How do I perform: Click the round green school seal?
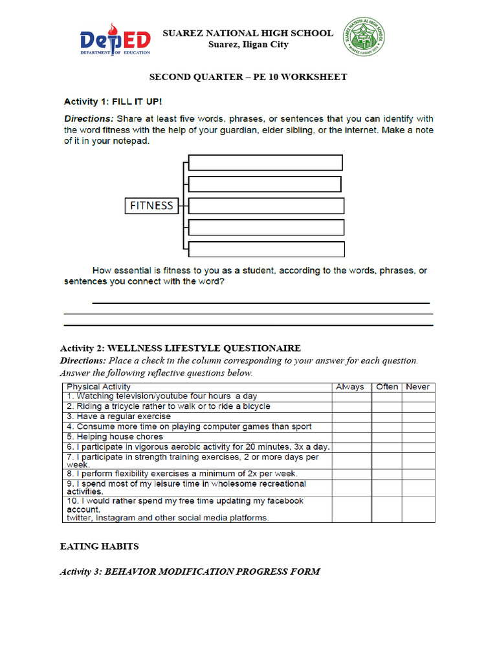[x=363, y=37]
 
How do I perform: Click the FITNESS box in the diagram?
[x=151, y=206]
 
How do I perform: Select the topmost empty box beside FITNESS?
[x=265, y=162]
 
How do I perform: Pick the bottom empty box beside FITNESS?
[x=266, y=249]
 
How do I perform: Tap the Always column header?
[x=349, y=387]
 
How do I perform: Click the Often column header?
[x=386, y=387]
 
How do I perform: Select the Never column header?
[x=417, y=387]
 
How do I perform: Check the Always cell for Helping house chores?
[x=351, y=436]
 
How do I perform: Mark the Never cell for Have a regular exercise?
[x=418, y=416]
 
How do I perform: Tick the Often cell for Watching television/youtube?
[x=386, y=396]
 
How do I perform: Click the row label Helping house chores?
[x=107, y=436]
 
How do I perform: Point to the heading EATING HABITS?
[x=99, y=546]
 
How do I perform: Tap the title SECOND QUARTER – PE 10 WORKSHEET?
[x=248, y=77]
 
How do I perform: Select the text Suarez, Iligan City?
[x=248, y=45]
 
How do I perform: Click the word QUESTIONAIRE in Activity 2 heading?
[x=264, y=348]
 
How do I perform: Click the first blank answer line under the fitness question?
[x=261, y=303]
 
